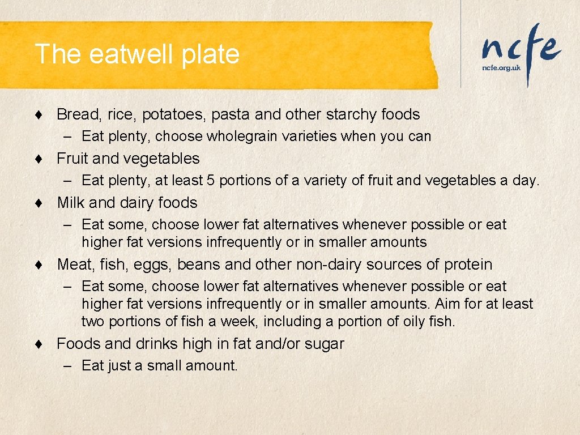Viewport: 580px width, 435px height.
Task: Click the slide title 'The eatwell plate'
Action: pos(137,54)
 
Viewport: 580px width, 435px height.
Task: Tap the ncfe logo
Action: pos(521,48)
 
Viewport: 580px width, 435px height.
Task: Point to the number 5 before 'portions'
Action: pos(211,181)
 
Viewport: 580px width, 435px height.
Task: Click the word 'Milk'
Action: pos(70,203)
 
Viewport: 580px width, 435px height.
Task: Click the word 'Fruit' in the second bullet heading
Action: pos(70,159)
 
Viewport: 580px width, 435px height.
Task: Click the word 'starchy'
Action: pos(352,114)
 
